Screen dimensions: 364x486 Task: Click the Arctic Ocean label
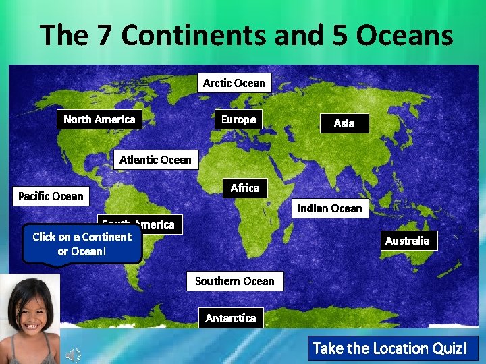(234, 83)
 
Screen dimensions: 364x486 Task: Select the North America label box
(99, 119)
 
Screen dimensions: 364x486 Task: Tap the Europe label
(238, 119)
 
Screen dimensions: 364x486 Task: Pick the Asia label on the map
(344, 123)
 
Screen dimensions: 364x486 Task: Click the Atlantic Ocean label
(155, 160)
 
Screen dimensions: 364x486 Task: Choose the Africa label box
(244, 188)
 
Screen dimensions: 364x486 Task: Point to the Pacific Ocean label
(51, 196)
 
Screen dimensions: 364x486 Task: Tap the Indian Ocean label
(329, 208)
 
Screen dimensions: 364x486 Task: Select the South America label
(159, 224)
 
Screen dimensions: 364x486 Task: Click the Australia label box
(407, 241)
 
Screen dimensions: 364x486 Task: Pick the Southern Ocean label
(234, 281)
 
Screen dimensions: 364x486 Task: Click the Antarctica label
(230, 317)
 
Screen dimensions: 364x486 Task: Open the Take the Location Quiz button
(390, 348)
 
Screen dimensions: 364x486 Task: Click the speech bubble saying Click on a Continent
(82, 244)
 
